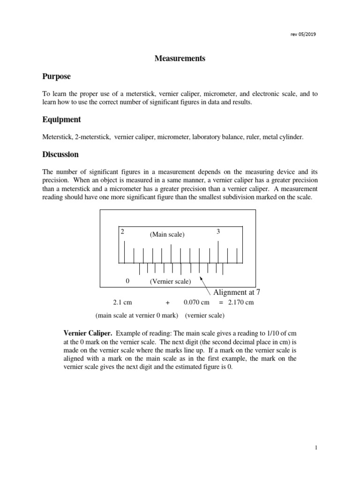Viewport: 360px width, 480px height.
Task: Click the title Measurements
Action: pyautogui.click(x=180, y=59)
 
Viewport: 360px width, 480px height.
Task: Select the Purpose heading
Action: pyautogui.click(x=56, y=76)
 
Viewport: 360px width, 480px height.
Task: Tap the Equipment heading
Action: pyautogui.click(x=61, y=120)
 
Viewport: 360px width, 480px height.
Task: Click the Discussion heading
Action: pyautogui.click(x=60, y=154)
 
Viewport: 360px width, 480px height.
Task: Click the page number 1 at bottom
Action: pyautogui.click(x=316, y=448)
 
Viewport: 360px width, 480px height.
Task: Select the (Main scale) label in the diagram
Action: pyautogui.click(x=167, y=234)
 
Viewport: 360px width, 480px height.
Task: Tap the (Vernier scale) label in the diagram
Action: pyautogui.click(x=170, y=281)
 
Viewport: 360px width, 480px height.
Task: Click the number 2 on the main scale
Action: pyautogui.click(x=122, y=232)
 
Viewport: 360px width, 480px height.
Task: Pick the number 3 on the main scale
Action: pyautogui.click(x=218, y=232)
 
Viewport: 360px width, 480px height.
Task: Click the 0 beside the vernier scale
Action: pyautogui.click(x=127, y=281)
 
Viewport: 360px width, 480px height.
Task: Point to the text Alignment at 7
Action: pyautogui.click(x=237, y=292)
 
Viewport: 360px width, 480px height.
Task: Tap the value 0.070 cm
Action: pyautogui.click(x=196, y=302)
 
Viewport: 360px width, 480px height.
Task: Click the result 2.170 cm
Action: pyautogui.click(x=240, y=302)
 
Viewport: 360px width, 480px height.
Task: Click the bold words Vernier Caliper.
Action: pyautogui.click(x=88, y=333)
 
